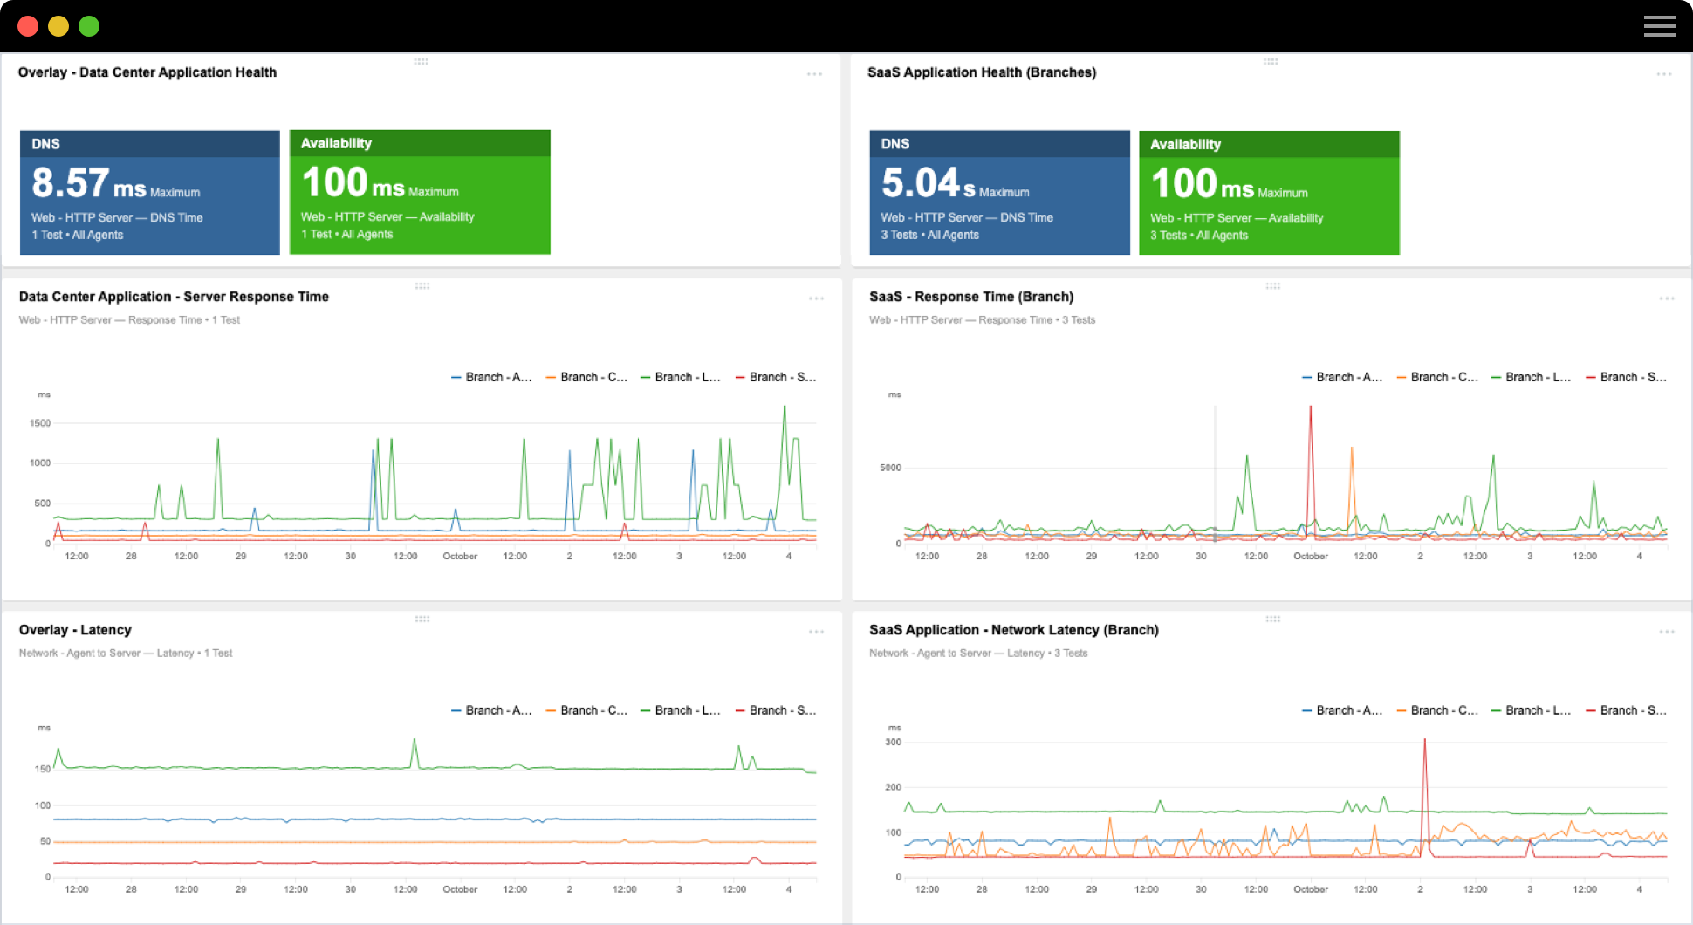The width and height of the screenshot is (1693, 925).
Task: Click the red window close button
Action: point(28,26)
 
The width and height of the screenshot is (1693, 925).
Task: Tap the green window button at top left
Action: point(89,26)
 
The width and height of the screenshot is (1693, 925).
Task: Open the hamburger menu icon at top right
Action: point(1659,26)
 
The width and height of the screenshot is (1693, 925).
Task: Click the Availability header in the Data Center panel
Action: point(336,143)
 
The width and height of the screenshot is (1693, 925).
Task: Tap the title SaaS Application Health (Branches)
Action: point(981,72)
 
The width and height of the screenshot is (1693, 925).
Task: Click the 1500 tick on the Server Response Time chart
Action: point(40,423)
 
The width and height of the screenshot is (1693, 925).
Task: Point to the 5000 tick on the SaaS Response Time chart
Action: point(890,468)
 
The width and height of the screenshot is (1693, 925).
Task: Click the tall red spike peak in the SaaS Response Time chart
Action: point(1310,408)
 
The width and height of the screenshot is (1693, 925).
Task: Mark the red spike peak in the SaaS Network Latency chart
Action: point(1425,741)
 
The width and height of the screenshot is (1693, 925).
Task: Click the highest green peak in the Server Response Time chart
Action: point(785,408)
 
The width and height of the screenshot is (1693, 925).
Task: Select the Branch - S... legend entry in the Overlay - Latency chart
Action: point(776,710)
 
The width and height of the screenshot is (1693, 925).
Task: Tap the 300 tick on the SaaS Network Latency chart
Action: point(893,743)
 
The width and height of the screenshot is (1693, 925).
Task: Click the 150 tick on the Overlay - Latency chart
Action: point(42,769)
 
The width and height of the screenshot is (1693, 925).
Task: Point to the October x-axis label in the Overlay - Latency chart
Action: point(460,889)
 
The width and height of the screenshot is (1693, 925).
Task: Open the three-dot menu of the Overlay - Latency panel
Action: point(816,632)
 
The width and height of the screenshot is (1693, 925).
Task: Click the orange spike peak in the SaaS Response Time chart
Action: point(1352,449)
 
